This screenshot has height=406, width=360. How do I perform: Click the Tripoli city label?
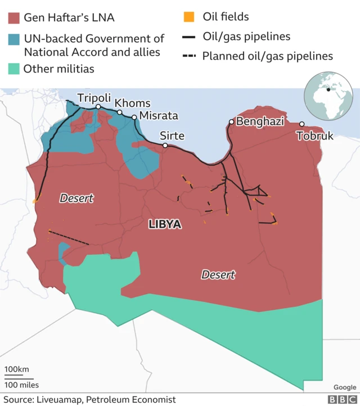(94, 98)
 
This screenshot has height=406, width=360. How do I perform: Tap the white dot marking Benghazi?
(231, 121)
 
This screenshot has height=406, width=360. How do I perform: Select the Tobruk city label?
(314, 136)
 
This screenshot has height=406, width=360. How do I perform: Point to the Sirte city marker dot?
(165, 146)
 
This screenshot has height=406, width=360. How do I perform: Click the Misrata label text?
(158, 116)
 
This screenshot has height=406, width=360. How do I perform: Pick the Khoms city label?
(132, 103)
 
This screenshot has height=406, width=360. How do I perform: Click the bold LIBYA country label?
(165, 224)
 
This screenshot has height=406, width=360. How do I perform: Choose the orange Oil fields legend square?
(189, 17)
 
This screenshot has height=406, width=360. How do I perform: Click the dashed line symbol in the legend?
(189, 56)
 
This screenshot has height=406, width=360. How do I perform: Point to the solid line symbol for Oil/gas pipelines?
(189, 37)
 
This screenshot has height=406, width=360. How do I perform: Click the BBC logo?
(340, 399)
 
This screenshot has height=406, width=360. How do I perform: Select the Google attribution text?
(344, 387)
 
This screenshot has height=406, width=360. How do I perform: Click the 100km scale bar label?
(16, 369)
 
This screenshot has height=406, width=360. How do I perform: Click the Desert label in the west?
(76, 198)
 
